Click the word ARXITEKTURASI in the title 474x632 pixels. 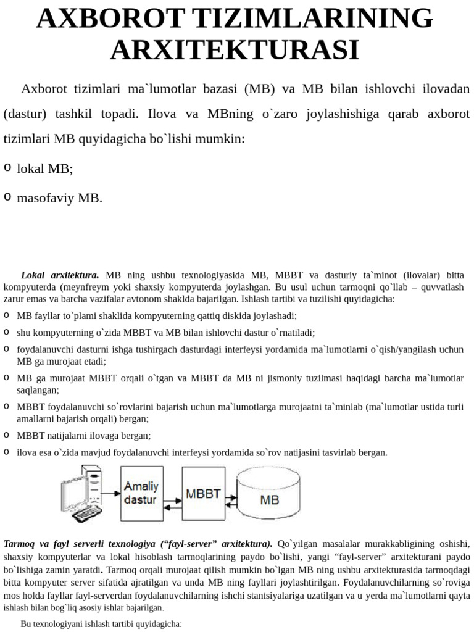tap(235, 50)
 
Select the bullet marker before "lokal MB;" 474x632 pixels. tap(7, 167)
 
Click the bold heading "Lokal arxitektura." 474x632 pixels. tap(60, 275)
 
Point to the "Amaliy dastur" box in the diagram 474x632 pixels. tap(140, 494)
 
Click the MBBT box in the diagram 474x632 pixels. tap(204, 494)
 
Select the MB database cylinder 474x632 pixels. tap(270, 493)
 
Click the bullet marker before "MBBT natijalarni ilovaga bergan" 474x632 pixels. tap(6, 435)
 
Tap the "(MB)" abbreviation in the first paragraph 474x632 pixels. tap(259, 89)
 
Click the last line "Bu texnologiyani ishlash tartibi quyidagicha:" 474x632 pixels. tap(101, 624)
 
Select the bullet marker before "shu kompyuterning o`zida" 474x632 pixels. tap(6, 332)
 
